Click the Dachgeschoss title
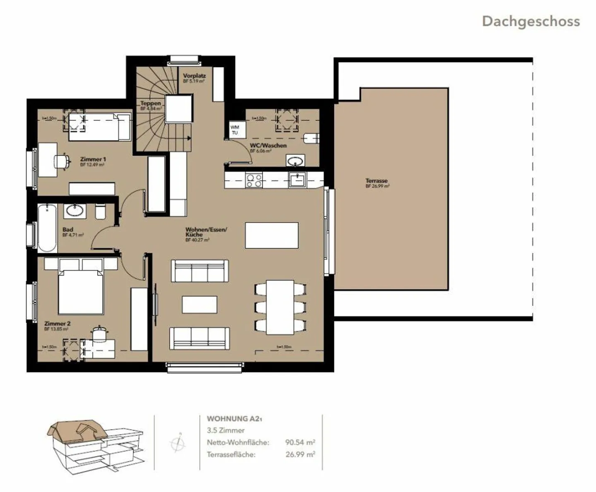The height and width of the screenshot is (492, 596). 531,21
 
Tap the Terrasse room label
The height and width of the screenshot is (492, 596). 376,181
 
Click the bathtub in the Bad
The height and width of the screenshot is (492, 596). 47,227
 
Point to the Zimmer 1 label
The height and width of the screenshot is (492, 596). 93,159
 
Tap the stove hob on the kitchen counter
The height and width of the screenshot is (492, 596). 254,180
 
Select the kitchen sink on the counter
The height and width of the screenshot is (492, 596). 297,180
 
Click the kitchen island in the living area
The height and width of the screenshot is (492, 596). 272,235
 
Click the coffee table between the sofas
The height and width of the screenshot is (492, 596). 199,305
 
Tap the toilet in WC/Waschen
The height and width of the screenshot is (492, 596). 311,138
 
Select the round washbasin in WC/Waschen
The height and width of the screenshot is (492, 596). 295,161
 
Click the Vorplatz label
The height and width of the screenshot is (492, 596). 194,76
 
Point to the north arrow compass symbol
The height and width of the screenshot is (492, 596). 178,443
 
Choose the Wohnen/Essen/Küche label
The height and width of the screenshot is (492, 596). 206,232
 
